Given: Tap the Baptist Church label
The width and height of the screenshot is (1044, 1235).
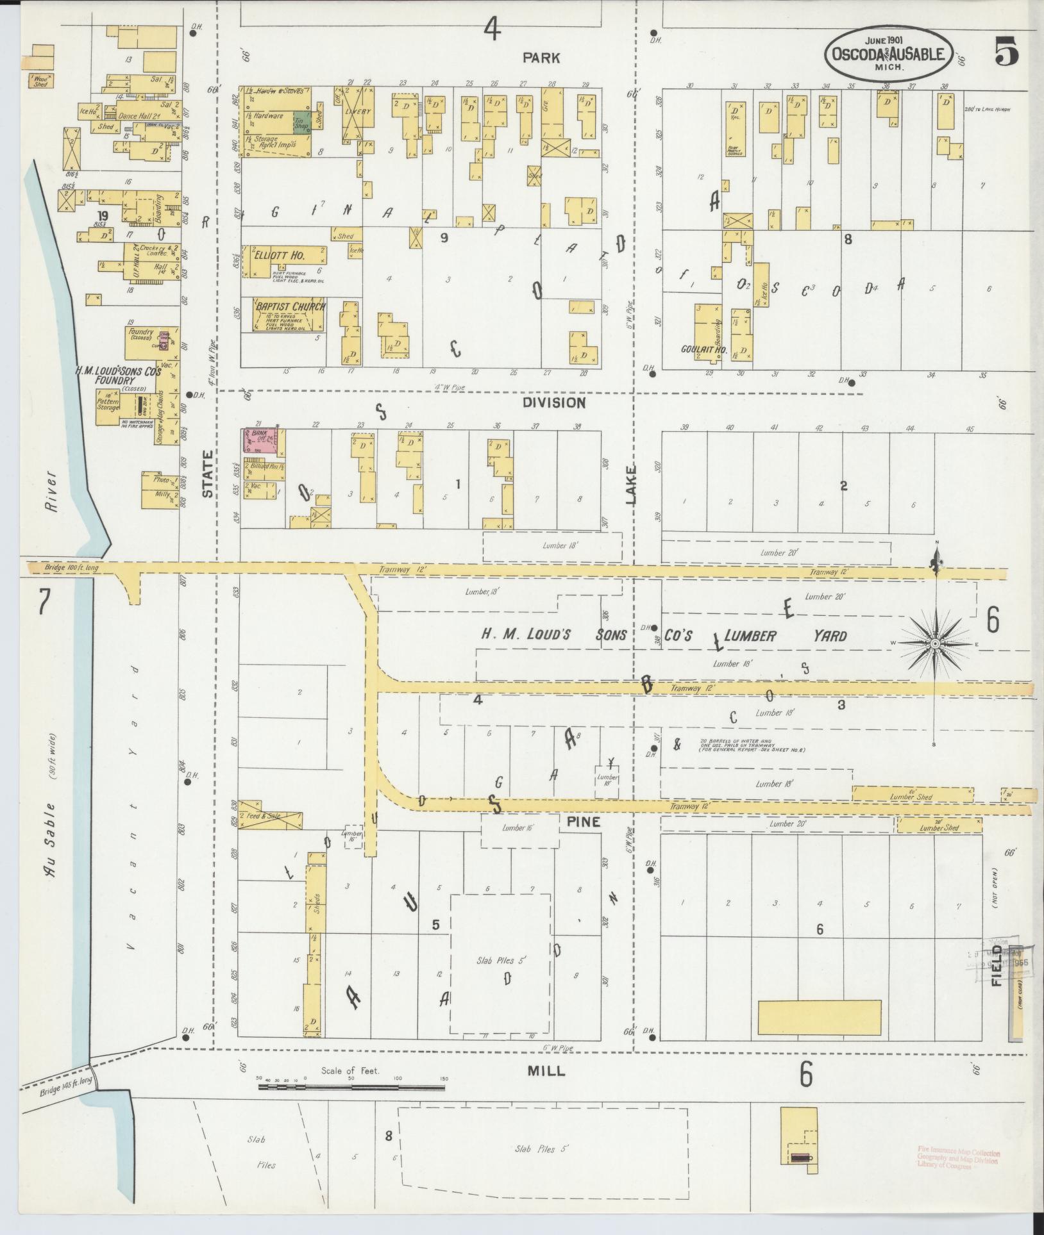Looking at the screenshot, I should pyautogui.click(x=290, y=306).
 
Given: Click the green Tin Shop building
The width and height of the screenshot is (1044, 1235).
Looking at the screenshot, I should pyautogui.click(x=301, y=122).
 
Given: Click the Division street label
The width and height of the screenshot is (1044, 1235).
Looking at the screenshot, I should pyautogui.click(x=553, y=403).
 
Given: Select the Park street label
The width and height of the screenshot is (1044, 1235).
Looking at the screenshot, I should pyautogui.click(x=541, y=58).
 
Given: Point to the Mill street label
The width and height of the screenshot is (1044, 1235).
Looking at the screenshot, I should pyautogui.click(x=546, y=1071).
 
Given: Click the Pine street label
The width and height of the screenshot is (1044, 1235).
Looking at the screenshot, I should pyautogui.click(x=582, y=822).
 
